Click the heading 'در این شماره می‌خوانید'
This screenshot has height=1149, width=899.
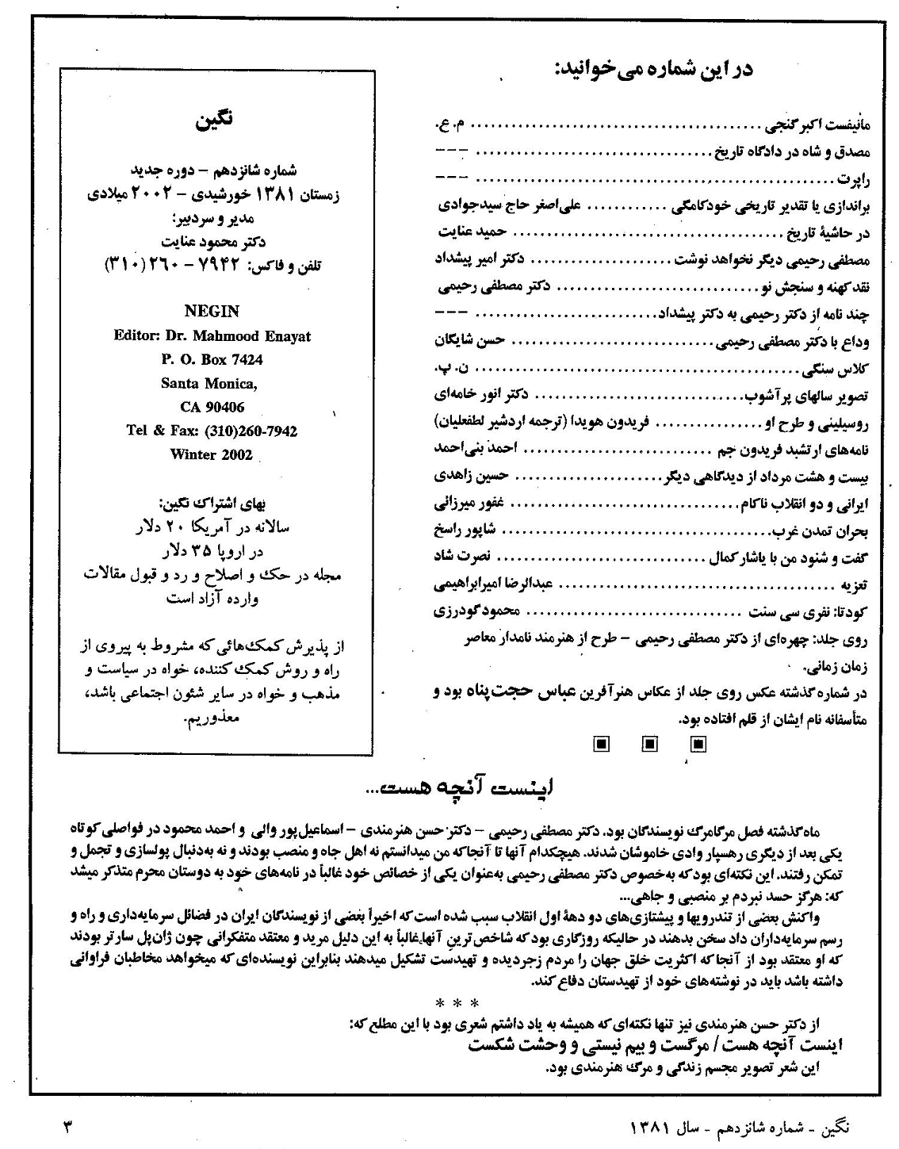(x=655, y=70)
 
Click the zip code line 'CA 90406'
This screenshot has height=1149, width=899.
(x=212, y=407)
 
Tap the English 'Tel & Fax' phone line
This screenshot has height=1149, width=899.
(x=212, y=431)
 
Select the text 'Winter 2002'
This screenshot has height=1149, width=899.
(x=212, y=454)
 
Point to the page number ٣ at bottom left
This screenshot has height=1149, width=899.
(x=67, y=1124)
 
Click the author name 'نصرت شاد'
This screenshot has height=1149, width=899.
(x=464, y=557)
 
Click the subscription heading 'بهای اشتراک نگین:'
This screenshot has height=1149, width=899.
(x=213, y=503)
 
